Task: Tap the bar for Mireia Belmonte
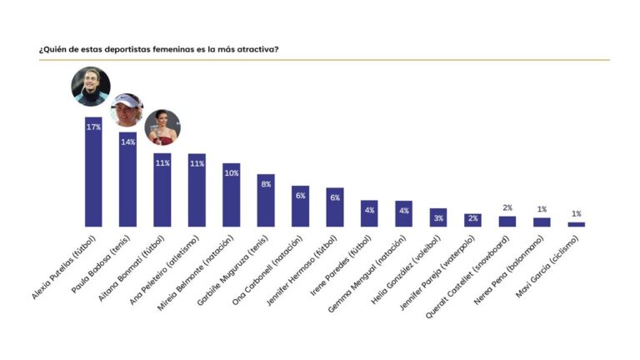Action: pyautogui.click(x=231, y=195)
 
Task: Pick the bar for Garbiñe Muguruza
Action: pyautogui.click(x=266, y=201)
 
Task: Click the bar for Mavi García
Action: pyautogui.click(x=577, y=224)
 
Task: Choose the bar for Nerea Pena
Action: pyautogui.click(x=542, y=222)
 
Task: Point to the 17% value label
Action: pyautogui.click(x=93, y=127)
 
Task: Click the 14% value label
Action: pyautogui.click(x=127, y=142)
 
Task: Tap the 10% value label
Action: pyautogui.click(x=231, y=172)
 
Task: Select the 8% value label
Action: pyautogui.click(x=266, y=184)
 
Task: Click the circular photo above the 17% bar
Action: pyautogui.click(x=91, y=88)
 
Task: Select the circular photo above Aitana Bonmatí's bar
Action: pyautogui.click(x=162, y=127)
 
